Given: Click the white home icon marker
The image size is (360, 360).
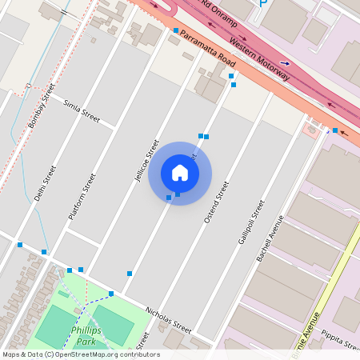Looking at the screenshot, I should tap(180, 173).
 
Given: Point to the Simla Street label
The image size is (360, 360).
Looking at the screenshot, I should tap(82, 112).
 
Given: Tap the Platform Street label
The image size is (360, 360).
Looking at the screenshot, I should tap(83, 198).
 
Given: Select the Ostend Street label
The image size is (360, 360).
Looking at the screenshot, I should tap(216, 202).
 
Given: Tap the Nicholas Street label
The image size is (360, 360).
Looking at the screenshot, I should tap(168, 320).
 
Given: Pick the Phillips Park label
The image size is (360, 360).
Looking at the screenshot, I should tap(83, 335).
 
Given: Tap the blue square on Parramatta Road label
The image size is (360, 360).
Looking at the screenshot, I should tap(176, 30).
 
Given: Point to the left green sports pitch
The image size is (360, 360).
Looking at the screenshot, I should tap(55, 326).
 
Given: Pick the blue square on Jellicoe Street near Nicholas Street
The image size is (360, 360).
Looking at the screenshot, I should tap(130, 274).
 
